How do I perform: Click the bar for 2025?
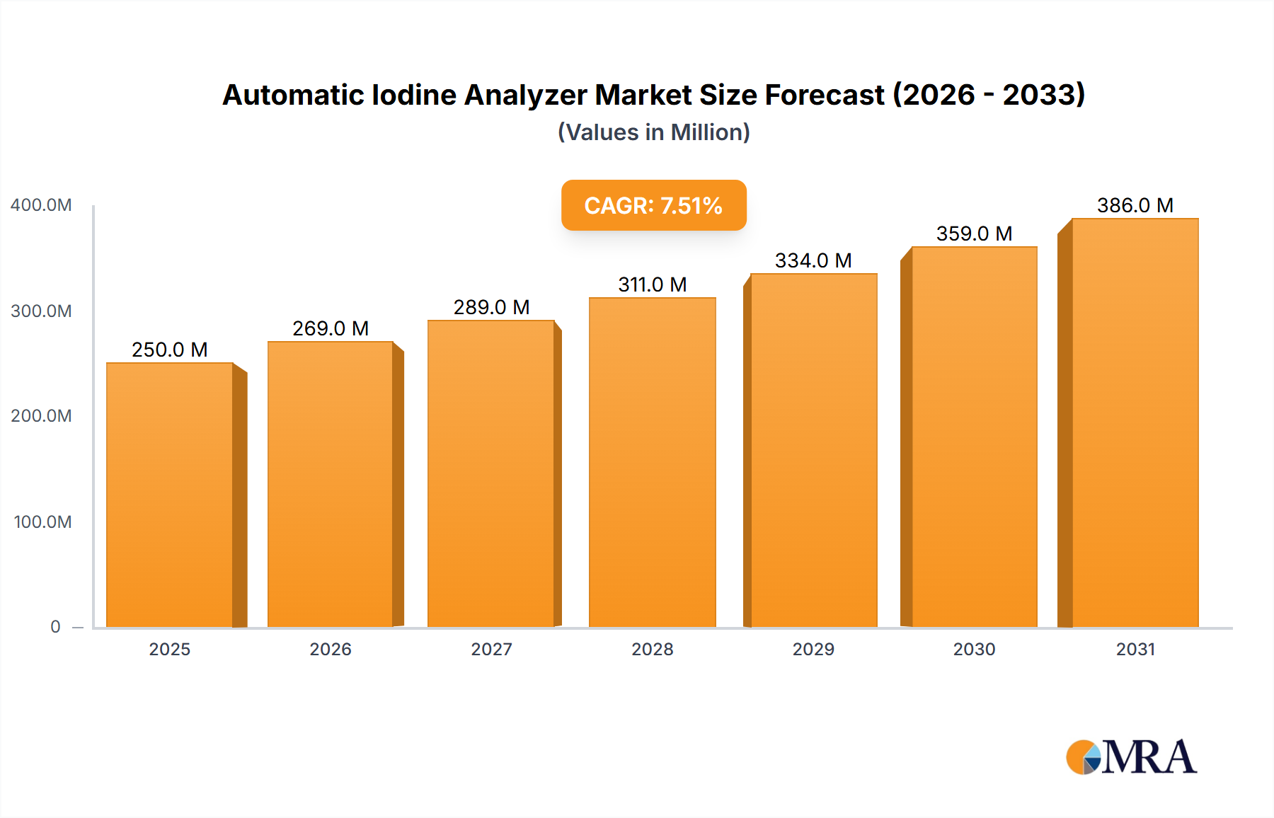[x=170, y=495]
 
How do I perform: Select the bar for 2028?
[x=652, y=463]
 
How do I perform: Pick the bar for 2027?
[x=490, y=474]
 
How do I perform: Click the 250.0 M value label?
[x=170, y=350]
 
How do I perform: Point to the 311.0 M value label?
[x=652, y=284]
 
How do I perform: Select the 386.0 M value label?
[x=1135, y=205]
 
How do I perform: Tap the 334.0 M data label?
[x=813, y=260]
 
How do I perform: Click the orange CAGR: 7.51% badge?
[x=653, y=205]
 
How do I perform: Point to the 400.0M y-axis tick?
[x=41, y=205]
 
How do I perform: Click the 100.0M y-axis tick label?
[x=42, y=522]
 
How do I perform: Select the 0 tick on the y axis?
[x=55, y=627]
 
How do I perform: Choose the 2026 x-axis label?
[x=331, y=649]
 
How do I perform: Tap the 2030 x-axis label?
[x=974, y=649]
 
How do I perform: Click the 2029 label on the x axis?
[x=813, y=649]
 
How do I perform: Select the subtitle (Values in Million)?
[x=653, y=132]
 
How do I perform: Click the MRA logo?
[x=1131, y=757]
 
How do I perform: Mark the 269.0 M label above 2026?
[x=331, y=328]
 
